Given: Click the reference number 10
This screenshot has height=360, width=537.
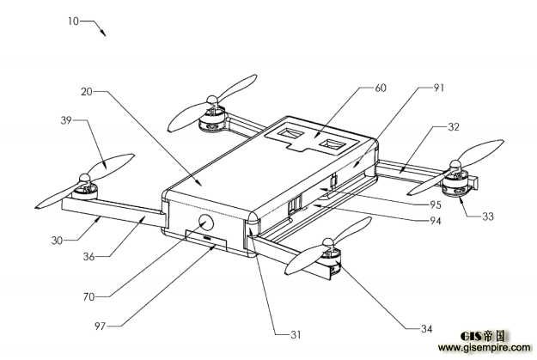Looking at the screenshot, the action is click(73, 21).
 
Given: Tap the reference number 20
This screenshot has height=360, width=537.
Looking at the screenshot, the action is click(87, 92).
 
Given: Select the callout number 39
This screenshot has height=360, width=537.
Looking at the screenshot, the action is click(66, 120).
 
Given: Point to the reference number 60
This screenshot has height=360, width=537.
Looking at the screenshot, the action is click(381, 88).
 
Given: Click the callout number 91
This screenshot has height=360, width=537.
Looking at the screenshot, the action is click(439, 88).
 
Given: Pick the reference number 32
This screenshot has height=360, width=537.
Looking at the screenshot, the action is click(454, 127).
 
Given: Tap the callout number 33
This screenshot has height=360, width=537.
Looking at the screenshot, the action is click(488, 217).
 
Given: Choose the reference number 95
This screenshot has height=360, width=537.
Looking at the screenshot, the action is click(436, 204).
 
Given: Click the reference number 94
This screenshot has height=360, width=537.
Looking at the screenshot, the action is click(436, 221).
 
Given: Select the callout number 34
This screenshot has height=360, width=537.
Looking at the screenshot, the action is click(426, 329).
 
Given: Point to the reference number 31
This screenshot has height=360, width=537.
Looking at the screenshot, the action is click(296, 334).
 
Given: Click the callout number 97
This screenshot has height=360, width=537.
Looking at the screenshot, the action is click(100, 326).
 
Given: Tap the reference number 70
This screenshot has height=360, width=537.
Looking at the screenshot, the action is click(88, 296).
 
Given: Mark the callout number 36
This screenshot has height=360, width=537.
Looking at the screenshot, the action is click(88, 257).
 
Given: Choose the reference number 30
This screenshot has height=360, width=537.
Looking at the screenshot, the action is click(57, 241).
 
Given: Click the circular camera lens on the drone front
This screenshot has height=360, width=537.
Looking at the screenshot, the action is click(206, 223).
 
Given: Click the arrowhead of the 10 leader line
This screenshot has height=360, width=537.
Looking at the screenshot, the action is click(103, 33).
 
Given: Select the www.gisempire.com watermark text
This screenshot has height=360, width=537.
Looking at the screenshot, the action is click(484, 348).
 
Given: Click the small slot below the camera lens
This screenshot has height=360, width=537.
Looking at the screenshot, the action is click(207, 237).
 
